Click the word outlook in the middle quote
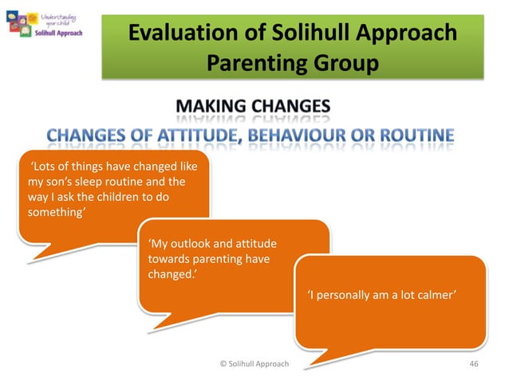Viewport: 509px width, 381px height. click(x=188, y=245)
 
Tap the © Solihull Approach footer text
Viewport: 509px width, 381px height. click(x=254, y=364)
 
